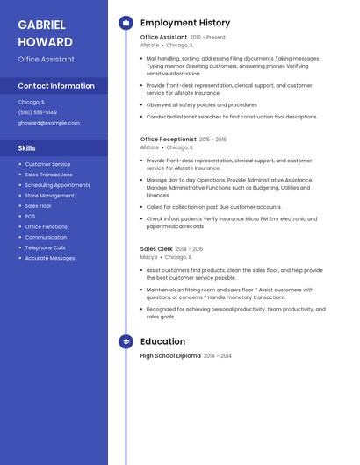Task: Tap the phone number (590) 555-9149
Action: click(38, 112)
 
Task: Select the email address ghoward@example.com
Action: click(48, 123)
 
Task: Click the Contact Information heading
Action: click(56, 86)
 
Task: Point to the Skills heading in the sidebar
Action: click(27, 148)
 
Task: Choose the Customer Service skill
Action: click(47, 164)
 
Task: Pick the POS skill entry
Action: click(30, 216)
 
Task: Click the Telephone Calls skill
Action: click(45, 247)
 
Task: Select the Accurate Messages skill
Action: click(49, 258)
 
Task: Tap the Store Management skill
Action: click(49, 196)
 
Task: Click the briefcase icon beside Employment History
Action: click(126, 23)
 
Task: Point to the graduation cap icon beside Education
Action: click(126, 341)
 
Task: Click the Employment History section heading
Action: click(185, 23)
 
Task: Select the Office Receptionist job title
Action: click(169, 139)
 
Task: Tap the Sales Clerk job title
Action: click(156, 248)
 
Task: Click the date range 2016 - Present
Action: click(208, 38)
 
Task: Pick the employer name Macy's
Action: click(149, 257)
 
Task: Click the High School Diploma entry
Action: click(170, 356)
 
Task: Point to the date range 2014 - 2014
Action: click(218, 356)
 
